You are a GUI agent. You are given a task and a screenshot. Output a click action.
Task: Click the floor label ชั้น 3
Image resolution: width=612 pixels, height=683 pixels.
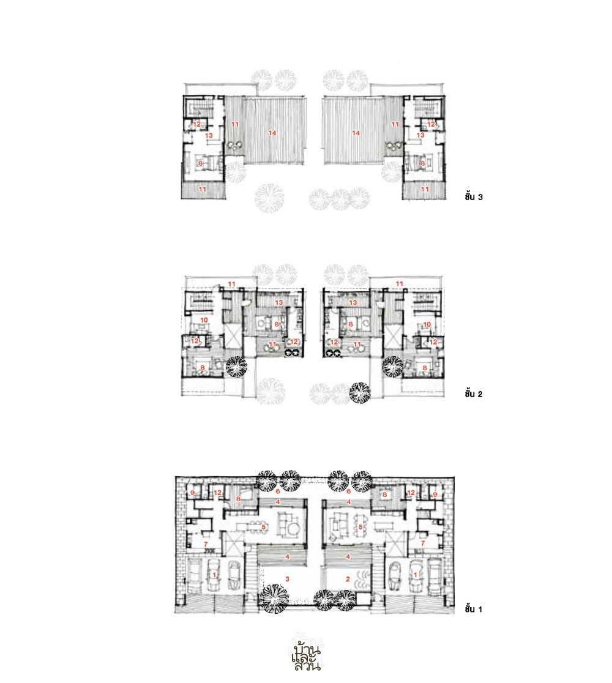click(474, 196)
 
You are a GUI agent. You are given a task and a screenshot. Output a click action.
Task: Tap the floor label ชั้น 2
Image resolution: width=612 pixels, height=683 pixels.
click(474, 394)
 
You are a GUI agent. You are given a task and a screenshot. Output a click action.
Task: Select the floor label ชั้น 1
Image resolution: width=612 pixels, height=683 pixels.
click(474, 609)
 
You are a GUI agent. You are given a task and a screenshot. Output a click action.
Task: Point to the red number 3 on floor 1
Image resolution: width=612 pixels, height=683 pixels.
click(287, 579)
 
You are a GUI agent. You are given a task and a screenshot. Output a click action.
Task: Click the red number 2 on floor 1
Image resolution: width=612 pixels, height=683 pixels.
click(348, 579)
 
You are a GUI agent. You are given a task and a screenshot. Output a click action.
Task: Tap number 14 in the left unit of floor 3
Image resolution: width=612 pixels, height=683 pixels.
click(272, 133)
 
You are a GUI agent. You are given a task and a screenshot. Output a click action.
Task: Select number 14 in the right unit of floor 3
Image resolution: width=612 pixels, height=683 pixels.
click(356, 133)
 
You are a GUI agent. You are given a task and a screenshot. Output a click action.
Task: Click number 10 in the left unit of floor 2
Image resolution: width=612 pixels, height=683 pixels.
click(204, 320)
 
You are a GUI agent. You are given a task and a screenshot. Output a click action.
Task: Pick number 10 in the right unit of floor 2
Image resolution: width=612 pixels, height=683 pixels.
click(427, 324)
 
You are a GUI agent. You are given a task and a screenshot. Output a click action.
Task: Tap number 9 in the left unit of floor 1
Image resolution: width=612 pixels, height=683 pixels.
click(192, 493)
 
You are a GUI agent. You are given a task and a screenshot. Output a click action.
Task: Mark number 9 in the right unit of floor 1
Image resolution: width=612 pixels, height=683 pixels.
click(435, 495)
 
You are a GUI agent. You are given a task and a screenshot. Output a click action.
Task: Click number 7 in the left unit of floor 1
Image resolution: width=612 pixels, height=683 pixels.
click(206, 545)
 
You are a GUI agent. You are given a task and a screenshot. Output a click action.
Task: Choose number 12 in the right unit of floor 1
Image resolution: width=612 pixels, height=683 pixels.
click(411, 493)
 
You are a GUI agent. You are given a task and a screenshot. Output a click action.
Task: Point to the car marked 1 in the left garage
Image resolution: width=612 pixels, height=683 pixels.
click(214, 575)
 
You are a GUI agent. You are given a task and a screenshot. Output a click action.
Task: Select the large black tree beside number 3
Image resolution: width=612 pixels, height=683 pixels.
click(274, 599)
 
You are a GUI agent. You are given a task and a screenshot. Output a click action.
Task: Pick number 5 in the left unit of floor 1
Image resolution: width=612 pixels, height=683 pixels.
click(264, 527)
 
